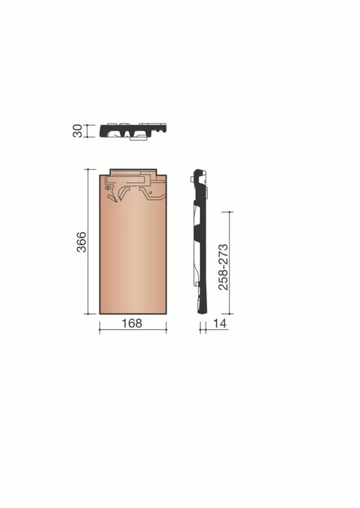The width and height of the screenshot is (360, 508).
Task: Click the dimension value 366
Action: point(82,242)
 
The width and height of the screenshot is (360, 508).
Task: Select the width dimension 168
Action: point(132,323)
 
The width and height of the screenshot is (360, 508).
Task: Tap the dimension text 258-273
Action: point(223,267)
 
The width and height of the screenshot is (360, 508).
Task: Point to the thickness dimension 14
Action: point(220,323)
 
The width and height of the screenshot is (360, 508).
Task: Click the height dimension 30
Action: point(78,131)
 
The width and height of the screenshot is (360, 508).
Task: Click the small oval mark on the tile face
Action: point(108,187)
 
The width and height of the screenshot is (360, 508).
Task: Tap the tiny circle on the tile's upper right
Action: point(150,192)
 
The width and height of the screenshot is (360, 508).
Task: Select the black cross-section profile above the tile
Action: point(133,131)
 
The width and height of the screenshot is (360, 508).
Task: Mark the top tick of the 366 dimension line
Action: point(88,169)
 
